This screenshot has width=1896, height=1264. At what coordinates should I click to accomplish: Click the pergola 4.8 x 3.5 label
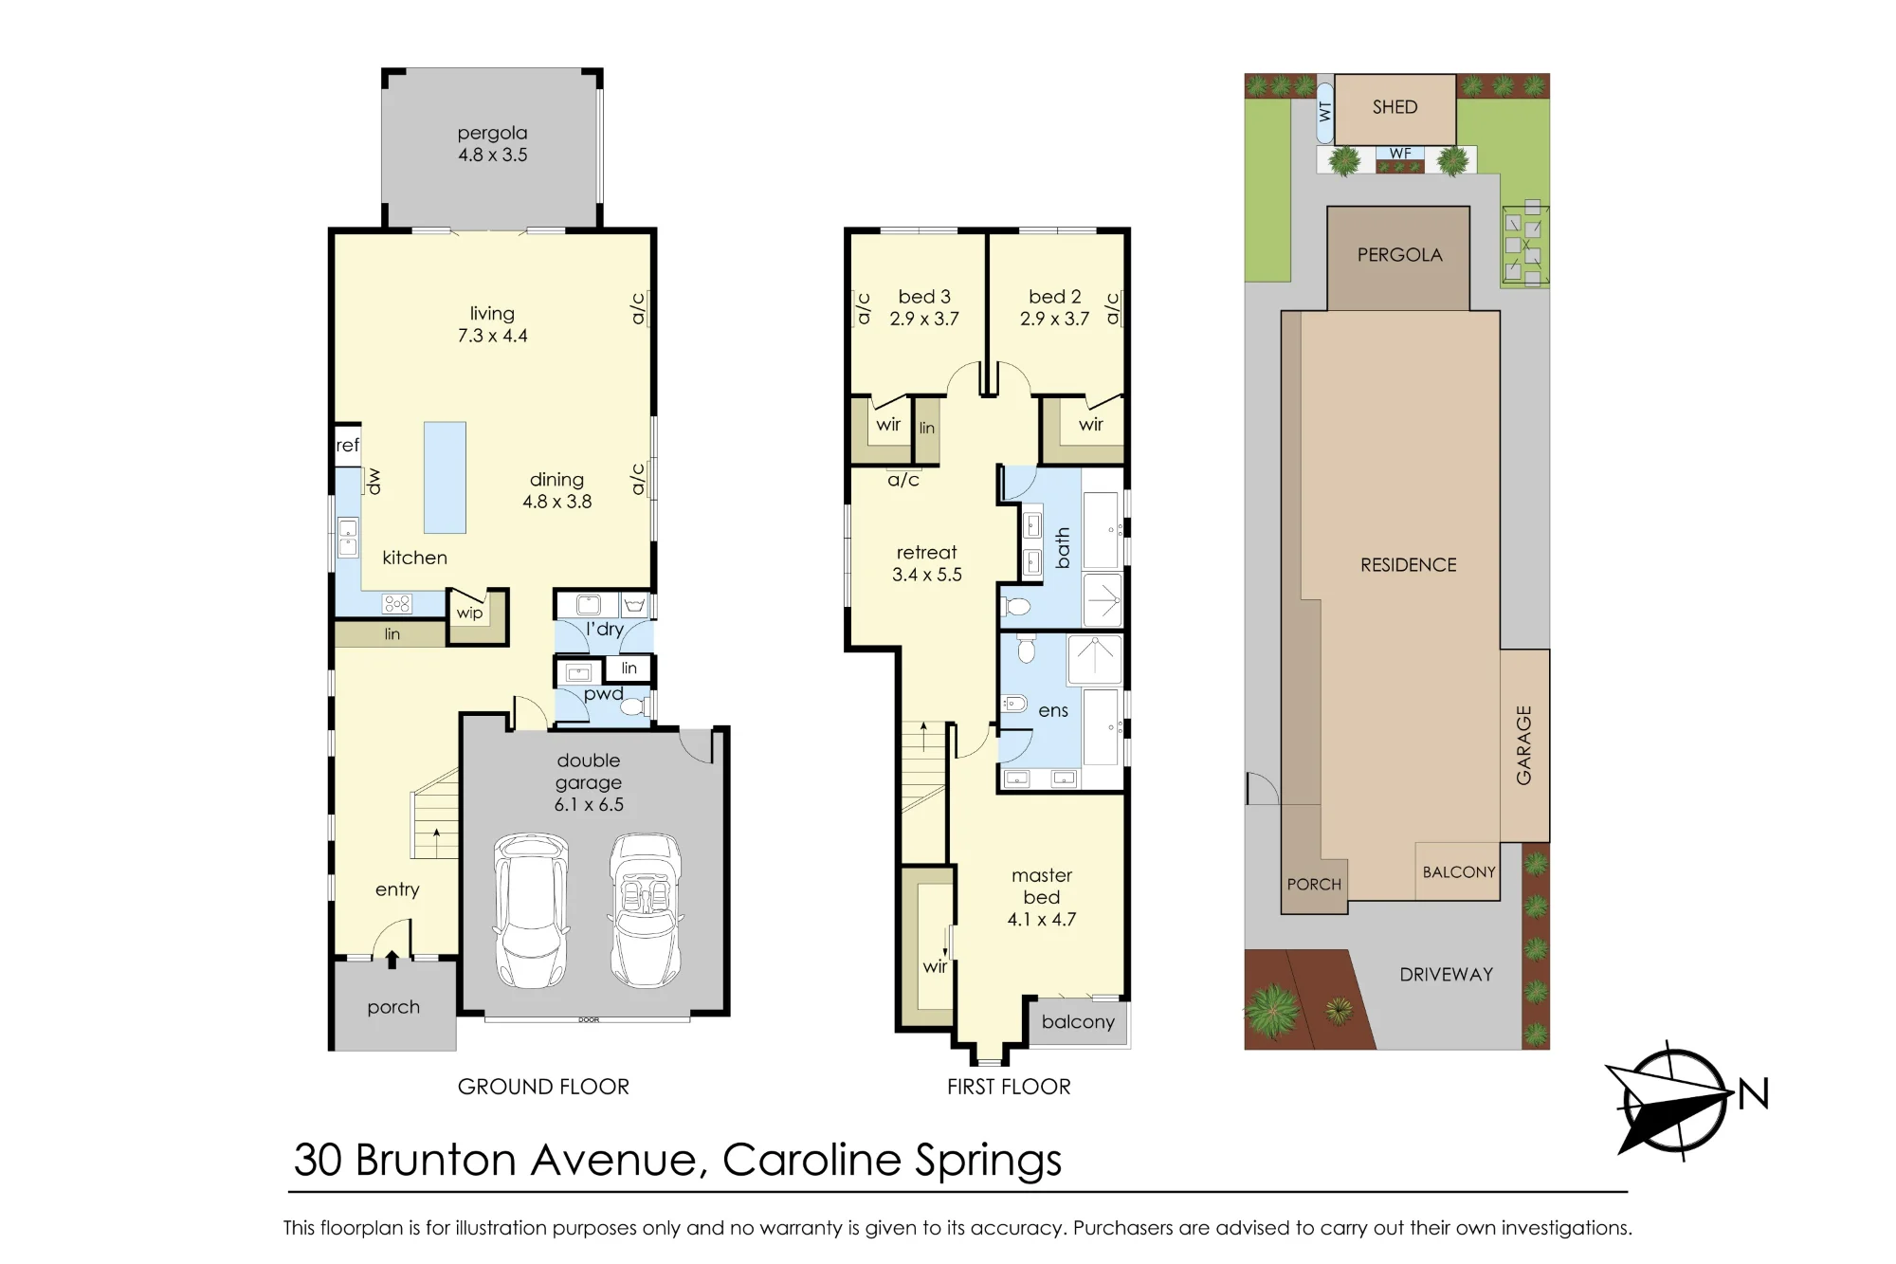[492, 144]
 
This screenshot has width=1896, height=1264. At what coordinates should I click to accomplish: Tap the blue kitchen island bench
[445, 477]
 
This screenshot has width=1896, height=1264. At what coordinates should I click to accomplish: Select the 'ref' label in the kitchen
[347, 445]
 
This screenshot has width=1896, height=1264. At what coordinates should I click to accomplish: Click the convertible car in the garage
[646, 910]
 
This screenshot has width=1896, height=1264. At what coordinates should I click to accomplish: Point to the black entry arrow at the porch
[392, 960]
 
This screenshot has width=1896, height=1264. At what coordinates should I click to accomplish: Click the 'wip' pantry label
[469, 614]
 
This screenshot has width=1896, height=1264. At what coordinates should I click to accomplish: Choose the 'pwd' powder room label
[604, 695]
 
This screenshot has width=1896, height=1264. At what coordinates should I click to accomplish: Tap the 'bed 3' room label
[924, 297]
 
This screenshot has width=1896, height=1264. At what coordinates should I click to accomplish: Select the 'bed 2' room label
[1055, 297]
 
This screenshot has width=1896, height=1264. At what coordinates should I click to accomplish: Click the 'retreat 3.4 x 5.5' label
[927, 563]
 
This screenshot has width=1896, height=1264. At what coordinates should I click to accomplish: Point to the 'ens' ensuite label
[1053, 711]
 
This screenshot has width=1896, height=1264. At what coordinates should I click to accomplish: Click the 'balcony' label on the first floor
[1078, 1022]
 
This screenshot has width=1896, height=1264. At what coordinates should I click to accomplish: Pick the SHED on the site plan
[1395, 108]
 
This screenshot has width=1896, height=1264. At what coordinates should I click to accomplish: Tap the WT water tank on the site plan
[1325, 111]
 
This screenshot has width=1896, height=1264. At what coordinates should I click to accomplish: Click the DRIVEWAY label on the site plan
[1447, 975]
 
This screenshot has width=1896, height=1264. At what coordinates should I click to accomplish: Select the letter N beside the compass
[1754, 1094]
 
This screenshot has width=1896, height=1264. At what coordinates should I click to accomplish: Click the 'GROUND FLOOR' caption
[543, 1087]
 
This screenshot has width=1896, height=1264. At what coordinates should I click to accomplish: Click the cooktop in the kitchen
[397, 603]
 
